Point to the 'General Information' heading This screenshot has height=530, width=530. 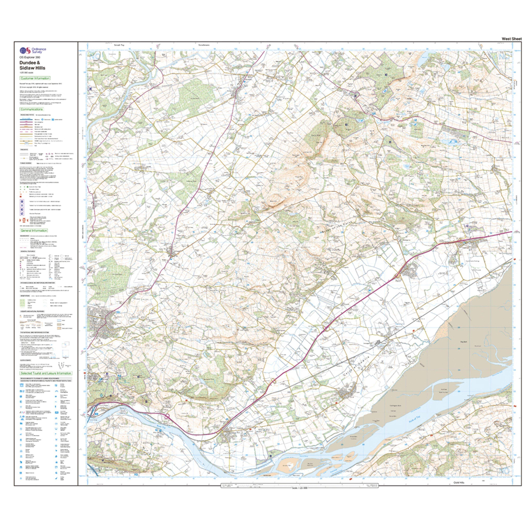click(x=34, y=230)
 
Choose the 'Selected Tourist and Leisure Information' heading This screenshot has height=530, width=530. click(x=46, y=373)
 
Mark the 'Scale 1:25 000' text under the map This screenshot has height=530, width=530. click(x=300, y=488)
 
